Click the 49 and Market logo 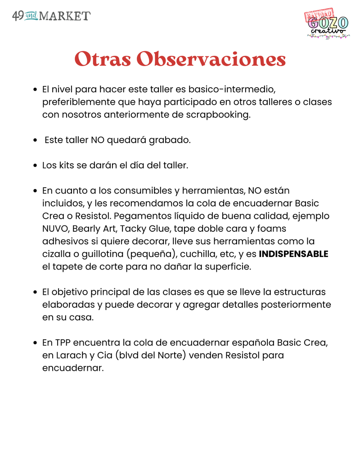click(51, 16)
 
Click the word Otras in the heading click(102, 59)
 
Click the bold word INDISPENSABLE click(293, 254)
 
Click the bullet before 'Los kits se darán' click(35, 166)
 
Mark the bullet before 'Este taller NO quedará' click(35, 140)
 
